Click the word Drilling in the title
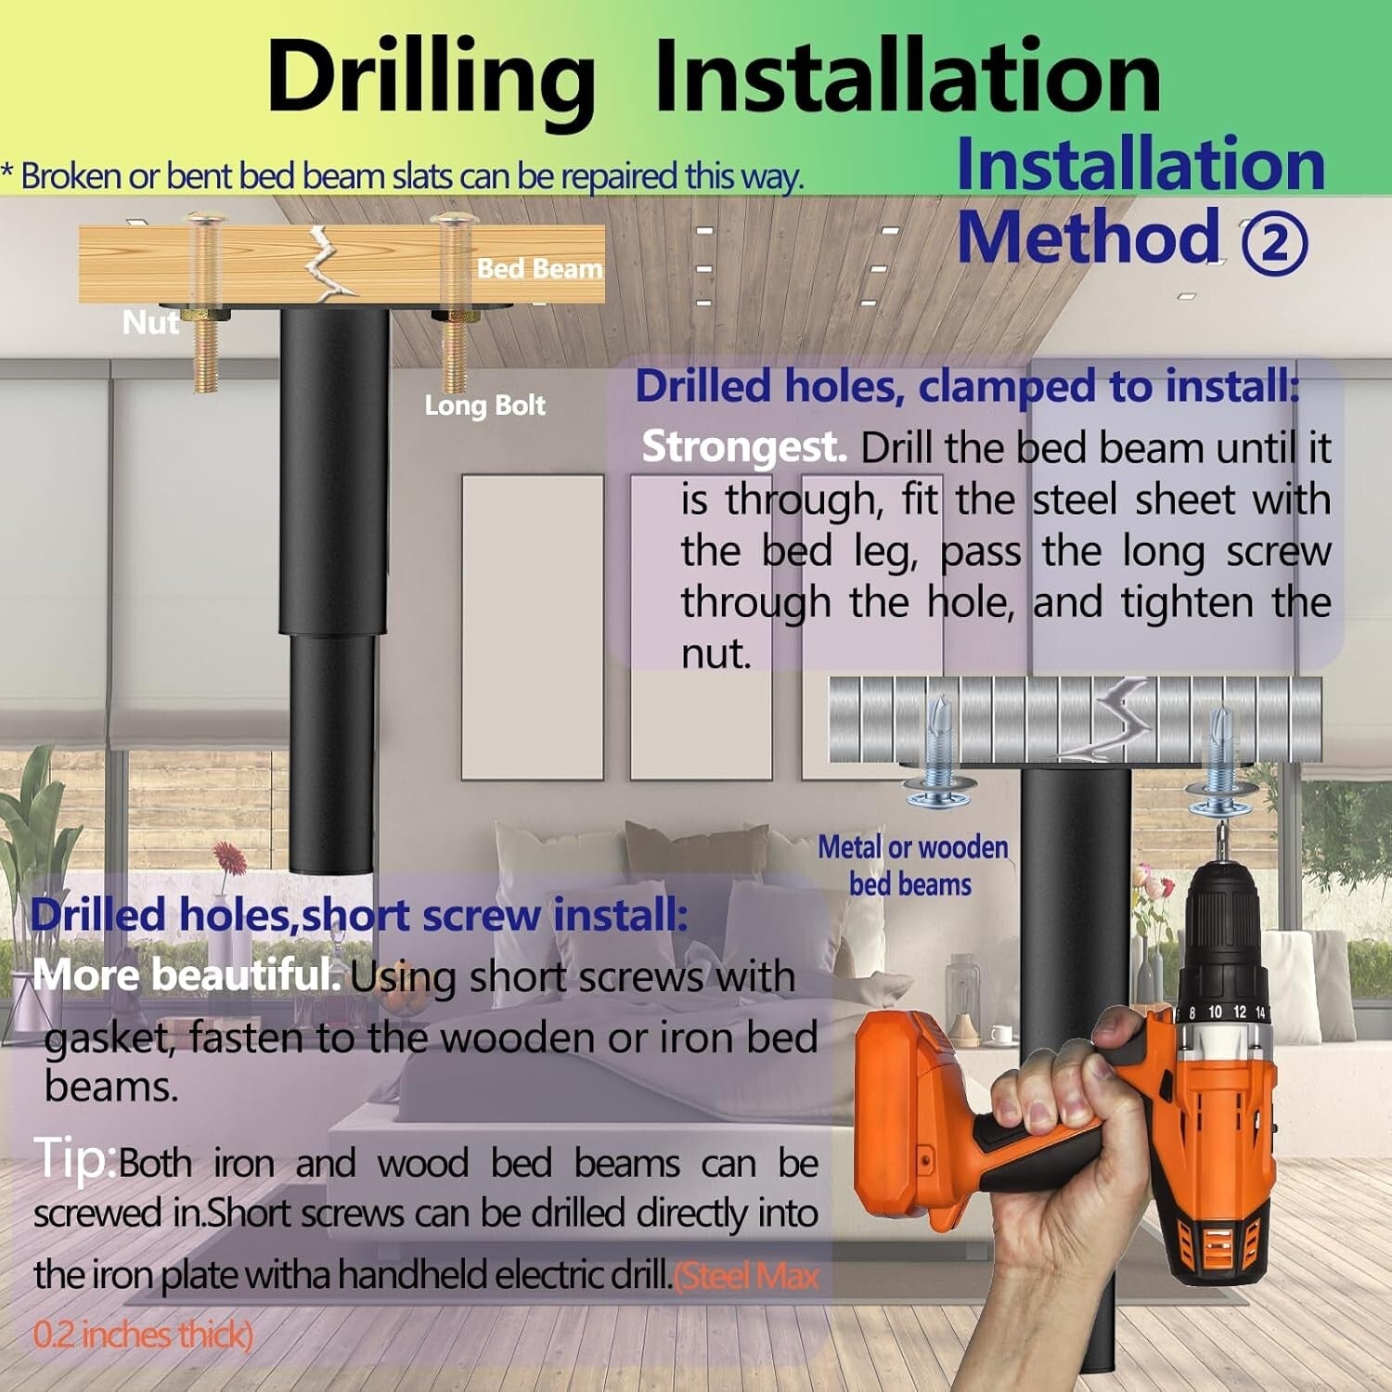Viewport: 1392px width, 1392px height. click(x=431, y=84)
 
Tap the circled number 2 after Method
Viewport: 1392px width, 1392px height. click(x=1274, y=244)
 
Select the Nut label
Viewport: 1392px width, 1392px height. click(x=150, y=323)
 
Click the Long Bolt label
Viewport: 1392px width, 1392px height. click(x=484, y=406)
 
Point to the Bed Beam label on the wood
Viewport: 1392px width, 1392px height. click(x=539, y=269)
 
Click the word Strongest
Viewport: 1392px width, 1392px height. click(x=744, y=447)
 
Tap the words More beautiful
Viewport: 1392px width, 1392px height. click(x=187, y=975)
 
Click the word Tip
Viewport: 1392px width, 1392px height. click(x=75, y=1159)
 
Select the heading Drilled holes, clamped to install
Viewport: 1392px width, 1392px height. click(x=967, y=387)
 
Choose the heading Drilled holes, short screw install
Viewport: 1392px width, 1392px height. click(x=359, y=916)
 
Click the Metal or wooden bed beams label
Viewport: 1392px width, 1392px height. click(x=912, y=865)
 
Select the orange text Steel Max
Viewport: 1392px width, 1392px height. click(x=748, y=1277)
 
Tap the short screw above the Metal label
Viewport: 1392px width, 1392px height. click(x=938, y=751)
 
